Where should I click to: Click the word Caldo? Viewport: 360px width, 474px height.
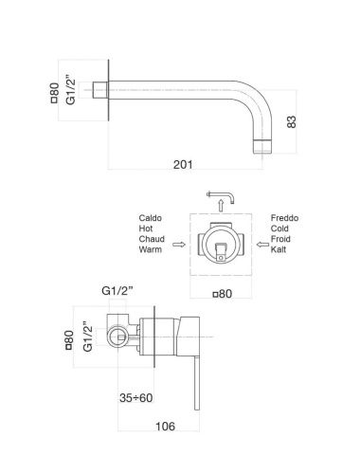pyautogui.click(x=150, y=218)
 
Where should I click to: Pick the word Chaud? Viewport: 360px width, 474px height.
pyautogui.click(x=150, y=241)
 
